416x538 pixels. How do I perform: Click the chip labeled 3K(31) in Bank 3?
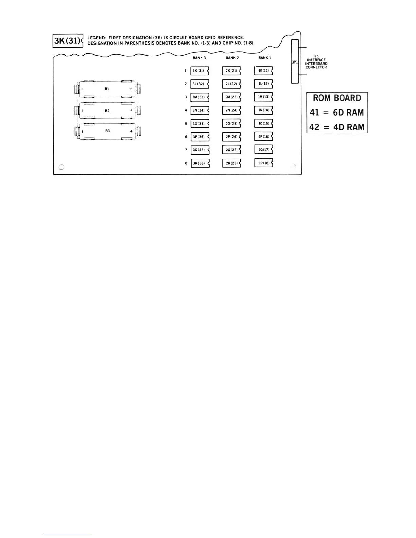199,71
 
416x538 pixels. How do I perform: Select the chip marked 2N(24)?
231,110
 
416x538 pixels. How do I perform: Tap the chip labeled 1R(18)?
263,163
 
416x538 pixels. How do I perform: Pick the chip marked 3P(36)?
199,137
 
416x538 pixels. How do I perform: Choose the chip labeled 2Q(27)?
231,150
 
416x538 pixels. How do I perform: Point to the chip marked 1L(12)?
263,84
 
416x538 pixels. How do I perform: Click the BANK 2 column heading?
232,58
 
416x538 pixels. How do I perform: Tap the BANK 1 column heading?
265,58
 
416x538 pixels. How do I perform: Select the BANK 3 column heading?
200,58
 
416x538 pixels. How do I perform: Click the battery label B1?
107,89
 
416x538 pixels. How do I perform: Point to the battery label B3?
107,131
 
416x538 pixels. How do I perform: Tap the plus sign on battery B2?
131,110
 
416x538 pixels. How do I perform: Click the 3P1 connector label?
295,62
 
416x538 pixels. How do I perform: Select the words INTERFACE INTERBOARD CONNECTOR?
316,64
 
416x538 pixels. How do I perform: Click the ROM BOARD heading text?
337,98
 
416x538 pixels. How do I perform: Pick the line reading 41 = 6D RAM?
337,113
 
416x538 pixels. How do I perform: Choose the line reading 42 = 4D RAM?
337,127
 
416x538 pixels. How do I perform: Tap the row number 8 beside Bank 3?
186,163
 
